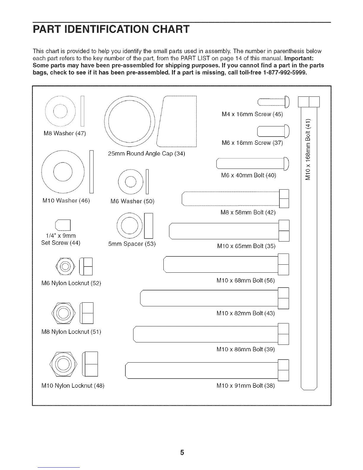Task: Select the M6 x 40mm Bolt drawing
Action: [x=252, y=164]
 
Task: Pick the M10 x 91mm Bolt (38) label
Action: [x=246, y=386]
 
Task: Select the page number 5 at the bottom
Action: [x=182, y=452]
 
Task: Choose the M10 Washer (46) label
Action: [x=66, y=200]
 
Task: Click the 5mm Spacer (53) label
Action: [x=132, y=244]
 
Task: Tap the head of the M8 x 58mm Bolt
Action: [x=284, y=199]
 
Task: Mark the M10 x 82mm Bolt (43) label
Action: [x=246, y=313]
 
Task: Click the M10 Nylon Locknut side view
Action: [x=91, y=364]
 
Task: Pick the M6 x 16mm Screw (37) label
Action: [x=252, y=143]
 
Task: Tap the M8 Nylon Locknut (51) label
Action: [x=71, y=331]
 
